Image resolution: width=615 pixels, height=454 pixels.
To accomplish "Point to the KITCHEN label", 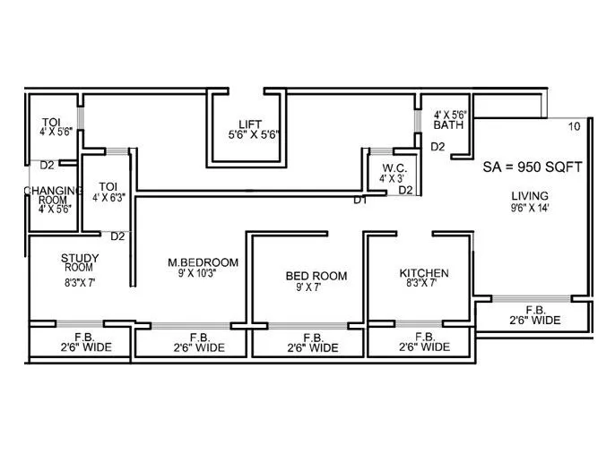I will tap(424, 272).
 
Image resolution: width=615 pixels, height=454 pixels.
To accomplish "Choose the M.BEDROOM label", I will tap(204, 261).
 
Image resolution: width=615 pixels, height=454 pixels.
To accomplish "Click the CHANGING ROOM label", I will tap(52, 196).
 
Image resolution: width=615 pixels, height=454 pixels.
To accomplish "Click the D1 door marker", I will tap(360, 200).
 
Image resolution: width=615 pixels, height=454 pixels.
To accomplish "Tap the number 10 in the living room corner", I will tap(574, 125).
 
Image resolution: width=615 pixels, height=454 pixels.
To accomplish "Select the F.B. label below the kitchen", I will tap(424, 335).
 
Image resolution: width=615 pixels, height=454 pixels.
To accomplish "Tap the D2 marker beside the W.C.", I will tap(405, 190).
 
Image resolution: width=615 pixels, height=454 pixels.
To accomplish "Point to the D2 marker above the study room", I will tap(117, 236).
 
